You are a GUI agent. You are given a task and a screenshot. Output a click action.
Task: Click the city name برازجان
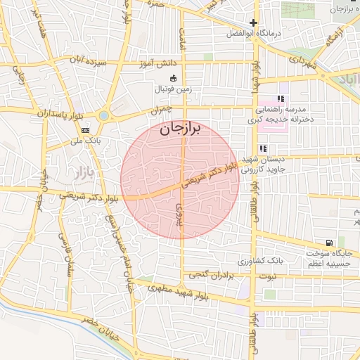[179, 128]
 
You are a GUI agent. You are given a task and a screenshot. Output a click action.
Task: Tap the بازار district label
[84, 171]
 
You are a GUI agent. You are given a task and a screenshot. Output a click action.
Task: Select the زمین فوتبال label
[174, 90]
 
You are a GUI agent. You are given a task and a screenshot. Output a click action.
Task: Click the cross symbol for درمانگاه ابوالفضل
[253, 23]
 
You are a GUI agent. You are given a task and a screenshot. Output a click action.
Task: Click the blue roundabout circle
[104, 115]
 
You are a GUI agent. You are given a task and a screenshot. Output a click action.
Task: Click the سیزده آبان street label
[102, 62]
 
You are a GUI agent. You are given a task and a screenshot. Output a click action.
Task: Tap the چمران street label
[160, 110]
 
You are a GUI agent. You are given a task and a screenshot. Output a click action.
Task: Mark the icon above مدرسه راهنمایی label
[281, 98]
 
